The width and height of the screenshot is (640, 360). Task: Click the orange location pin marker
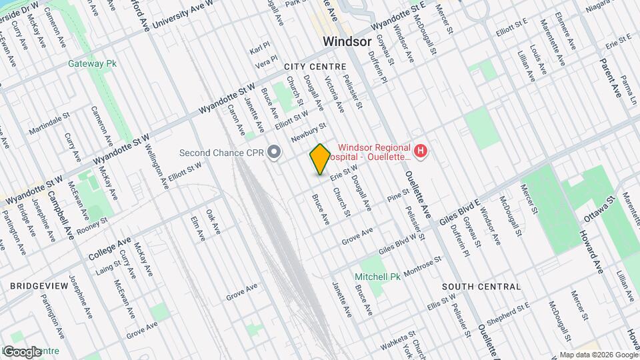coord(320,159)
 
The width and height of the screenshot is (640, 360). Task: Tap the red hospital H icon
coord(420,152)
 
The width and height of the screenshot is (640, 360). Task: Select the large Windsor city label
coord(347,41)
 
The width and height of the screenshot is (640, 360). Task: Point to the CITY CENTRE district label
coord(315,67)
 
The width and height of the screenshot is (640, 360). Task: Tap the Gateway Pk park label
coord(93,64)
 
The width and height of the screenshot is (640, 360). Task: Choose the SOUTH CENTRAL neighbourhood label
coord(482,287)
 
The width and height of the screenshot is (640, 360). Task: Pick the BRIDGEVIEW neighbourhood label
coord(39,285)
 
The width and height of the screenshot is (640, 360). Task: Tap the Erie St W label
coord(344,174)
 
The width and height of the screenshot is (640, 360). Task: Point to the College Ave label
coord(110,249)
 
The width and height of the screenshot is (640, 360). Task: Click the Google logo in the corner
coord(21,351)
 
